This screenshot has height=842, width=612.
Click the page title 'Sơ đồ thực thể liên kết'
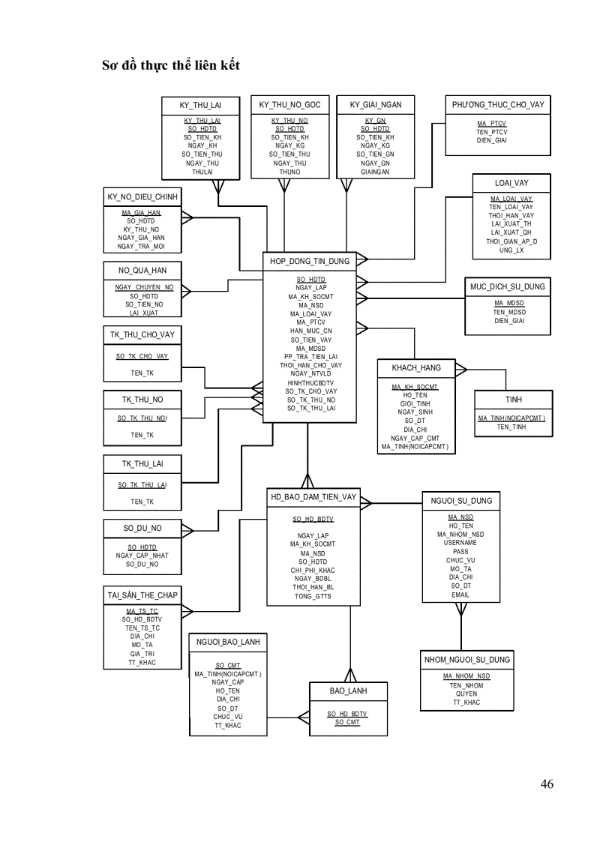tap(171, 66)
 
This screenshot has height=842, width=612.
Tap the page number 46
tap(547, 784)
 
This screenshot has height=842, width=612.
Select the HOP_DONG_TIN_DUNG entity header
tap(310, 261)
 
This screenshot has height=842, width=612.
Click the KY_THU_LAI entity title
tap(200, 105)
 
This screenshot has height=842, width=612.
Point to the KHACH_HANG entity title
tap(416, 368)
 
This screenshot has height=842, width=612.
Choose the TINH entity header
tap(513, 400)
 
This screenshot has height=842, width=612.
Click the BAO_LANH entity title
tap(348, 691)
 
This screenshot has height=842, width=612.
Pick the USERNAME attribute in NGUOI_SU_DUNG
tap(460, 542)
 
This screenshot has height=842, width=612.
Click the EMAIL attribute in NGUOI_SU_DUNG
tap(460, 595)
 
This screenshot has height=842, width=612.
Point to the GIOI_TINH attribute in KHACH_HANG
tap(415, 403)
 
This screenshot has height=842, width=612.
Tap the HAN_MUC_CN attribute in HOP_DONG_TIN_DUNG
tap(311, 331)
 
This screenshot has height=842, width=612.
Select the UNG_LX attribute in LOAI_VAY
tap(511, 250)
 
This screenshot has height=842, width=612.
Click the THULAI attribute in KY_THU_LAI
tap(202, 171)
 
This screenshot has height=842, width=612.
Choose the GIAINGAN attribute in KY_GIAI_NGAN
tap(375, 172)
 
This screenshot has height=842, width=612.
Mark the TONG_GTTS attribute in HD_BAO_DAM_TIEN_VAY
tap(313, 596)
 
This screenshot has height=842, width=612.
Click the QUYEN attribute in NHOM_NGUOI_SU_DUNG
tap(466, 694)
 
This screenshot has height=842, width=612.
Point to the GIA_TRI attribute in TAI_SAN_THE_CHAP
tap(142, 653)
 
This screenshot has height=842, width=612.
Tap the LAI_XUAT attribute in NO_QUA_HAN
tap(144, 313)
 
